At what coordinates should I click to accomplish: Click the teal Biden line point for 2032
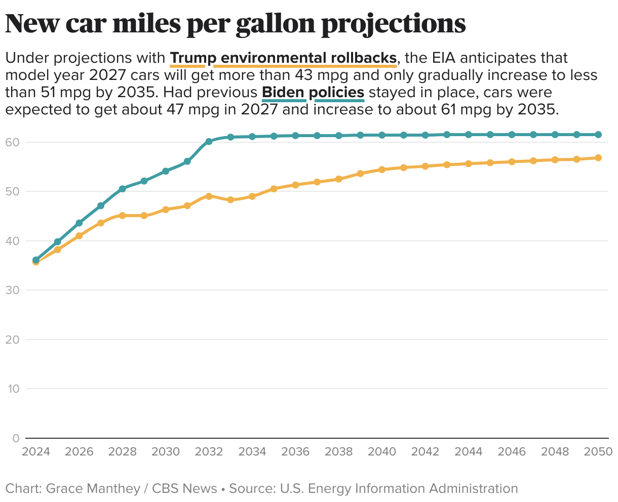pos(209,141)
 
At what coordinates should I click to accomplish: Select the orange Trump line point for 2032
pos(209,196)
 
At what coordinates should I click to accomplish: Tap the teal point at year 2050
pos(598,135)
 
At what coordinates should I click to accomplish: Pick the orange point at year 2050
pos(598,158)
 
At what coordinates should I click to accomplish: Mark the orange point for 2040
pos(382,170)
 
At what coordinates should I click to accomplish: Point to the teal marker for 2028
pos(122,189)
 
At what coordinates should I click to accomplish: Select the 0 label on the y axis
pos(16,438)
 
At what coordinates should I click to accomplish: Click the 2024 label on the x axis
pos(35,451)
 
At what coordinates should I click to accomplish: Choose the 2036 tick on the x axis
pos(295,451)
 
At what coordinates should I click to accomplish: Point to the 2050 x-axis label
pos(598,451)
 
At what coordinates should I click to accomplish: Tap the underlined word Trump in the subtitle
pos(187,58)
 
